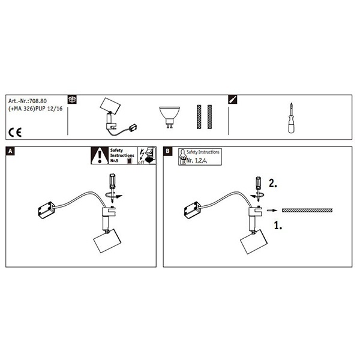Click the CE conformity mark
click(15, 133)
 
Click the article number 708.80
click(38, 101)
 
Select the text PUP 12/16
click(49, 109)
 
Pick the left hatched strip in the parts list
click(199, 117)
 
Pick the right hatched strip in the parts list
click(209, 117)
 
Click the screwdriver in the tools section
click(292, 118)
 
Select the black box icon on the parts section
click(73, 100)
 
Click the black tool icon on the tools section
click(233, 100)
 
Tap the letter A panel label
click(10, 151)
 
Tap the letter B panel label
click(167, 151)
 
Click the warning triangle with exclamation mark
click(100, 155)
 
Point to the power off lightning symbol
click(142, 155)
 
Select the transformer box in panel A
click(47, 210)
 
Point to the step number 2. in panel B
click(273, 184)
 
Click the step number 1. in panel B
click(278, 225)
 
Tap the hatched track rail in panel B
click(307, 211)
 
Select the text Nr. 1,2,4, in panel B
click(197, 160)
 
